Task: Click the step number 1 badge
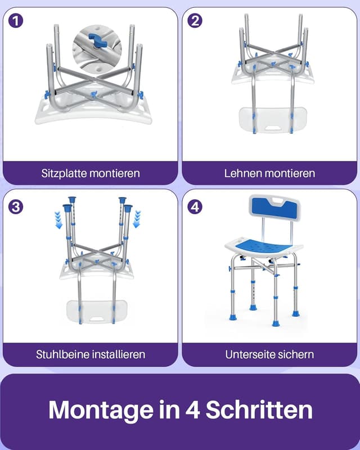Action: pos(16,21)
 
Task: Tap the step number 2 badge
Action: pos(195,21)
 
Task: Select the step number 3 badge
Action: pos(16,207)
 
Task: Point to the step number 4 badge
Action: pos(195,207)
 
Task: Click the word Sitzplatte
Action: pos(64,173)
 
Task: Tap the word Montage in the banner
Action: pos(101,410)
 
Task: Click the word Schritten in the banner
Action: pos(259,409)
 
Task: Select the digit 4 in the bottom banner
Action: pos(192,410)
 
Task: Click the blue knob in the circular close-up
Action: pos(97,40)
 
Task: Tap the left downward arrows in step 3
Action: pos(58,220)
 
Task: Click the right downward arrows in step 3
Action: pos(137,219)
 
